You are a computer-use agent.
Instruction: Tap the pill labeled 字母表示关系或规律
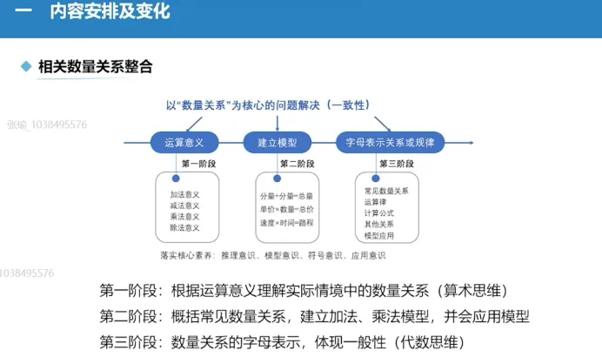tap(390, 141)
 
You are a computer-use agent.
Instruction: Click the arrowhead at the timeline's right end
tap(469, 141)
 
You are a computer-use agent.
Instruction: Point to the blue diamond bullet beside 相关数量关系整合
tap(27, 66)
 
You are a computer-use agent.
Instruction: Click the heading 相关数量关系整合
tap(95, 66)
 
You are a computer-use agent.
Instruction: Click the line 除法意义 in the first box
tap(184, 227)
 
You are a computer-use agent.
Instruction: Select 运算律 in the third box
tap(377, 201)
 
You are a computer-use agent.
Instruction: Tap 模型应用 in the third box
tap(380, 234)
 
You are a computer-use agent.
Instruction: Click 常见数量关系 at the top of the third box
tap(386, 190)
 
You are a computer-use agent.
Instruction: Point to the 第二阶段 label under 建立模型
tap(297, 164)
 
